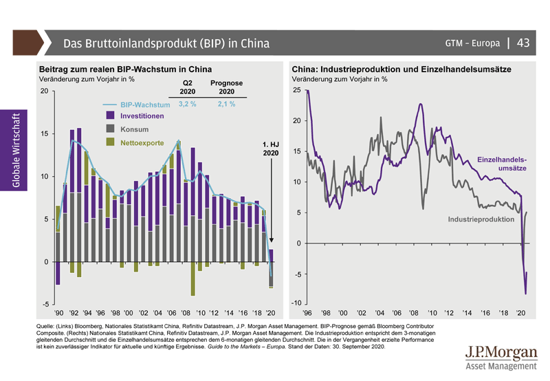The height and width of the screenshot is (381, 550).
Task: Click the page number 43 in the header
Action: (x=522, y=43)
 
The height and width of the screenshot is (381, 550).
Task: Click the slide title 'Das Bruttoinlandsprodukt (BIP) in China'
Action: (x=166, y=43)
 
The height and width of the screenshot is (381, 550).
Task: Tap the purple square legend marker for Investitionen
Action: (x=110, y=116)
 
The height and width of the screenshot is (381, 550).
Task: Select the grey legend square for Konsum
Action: (x=110, y=129)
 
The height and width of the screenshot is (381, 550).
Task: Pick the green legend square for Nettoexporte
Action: (x=110, y=142)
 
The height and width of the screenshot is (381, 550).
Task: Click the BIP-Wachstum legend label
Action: (x=144, y=105)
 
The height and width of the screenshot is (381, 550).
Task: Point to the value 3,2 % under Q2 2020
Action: (x=188, y=105)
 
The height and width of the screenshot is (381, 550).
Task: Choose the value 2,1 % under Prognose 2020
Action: (x=226, y=105)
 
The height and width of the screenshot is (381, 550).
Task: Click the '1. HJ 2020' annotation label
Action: (x=272, y=149)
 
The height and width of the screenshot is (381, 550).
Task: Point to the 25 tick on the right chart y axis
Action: (x=296, y=90)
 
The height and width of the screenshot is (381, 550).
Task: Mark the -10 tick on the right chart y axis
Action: (x=295, y=304)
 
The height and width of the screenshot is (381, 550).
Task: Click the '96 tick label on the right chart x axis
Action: (x=307, y=312)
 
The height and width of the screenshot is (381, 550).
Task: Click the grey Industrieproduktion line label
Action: (x=481, y=219)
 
